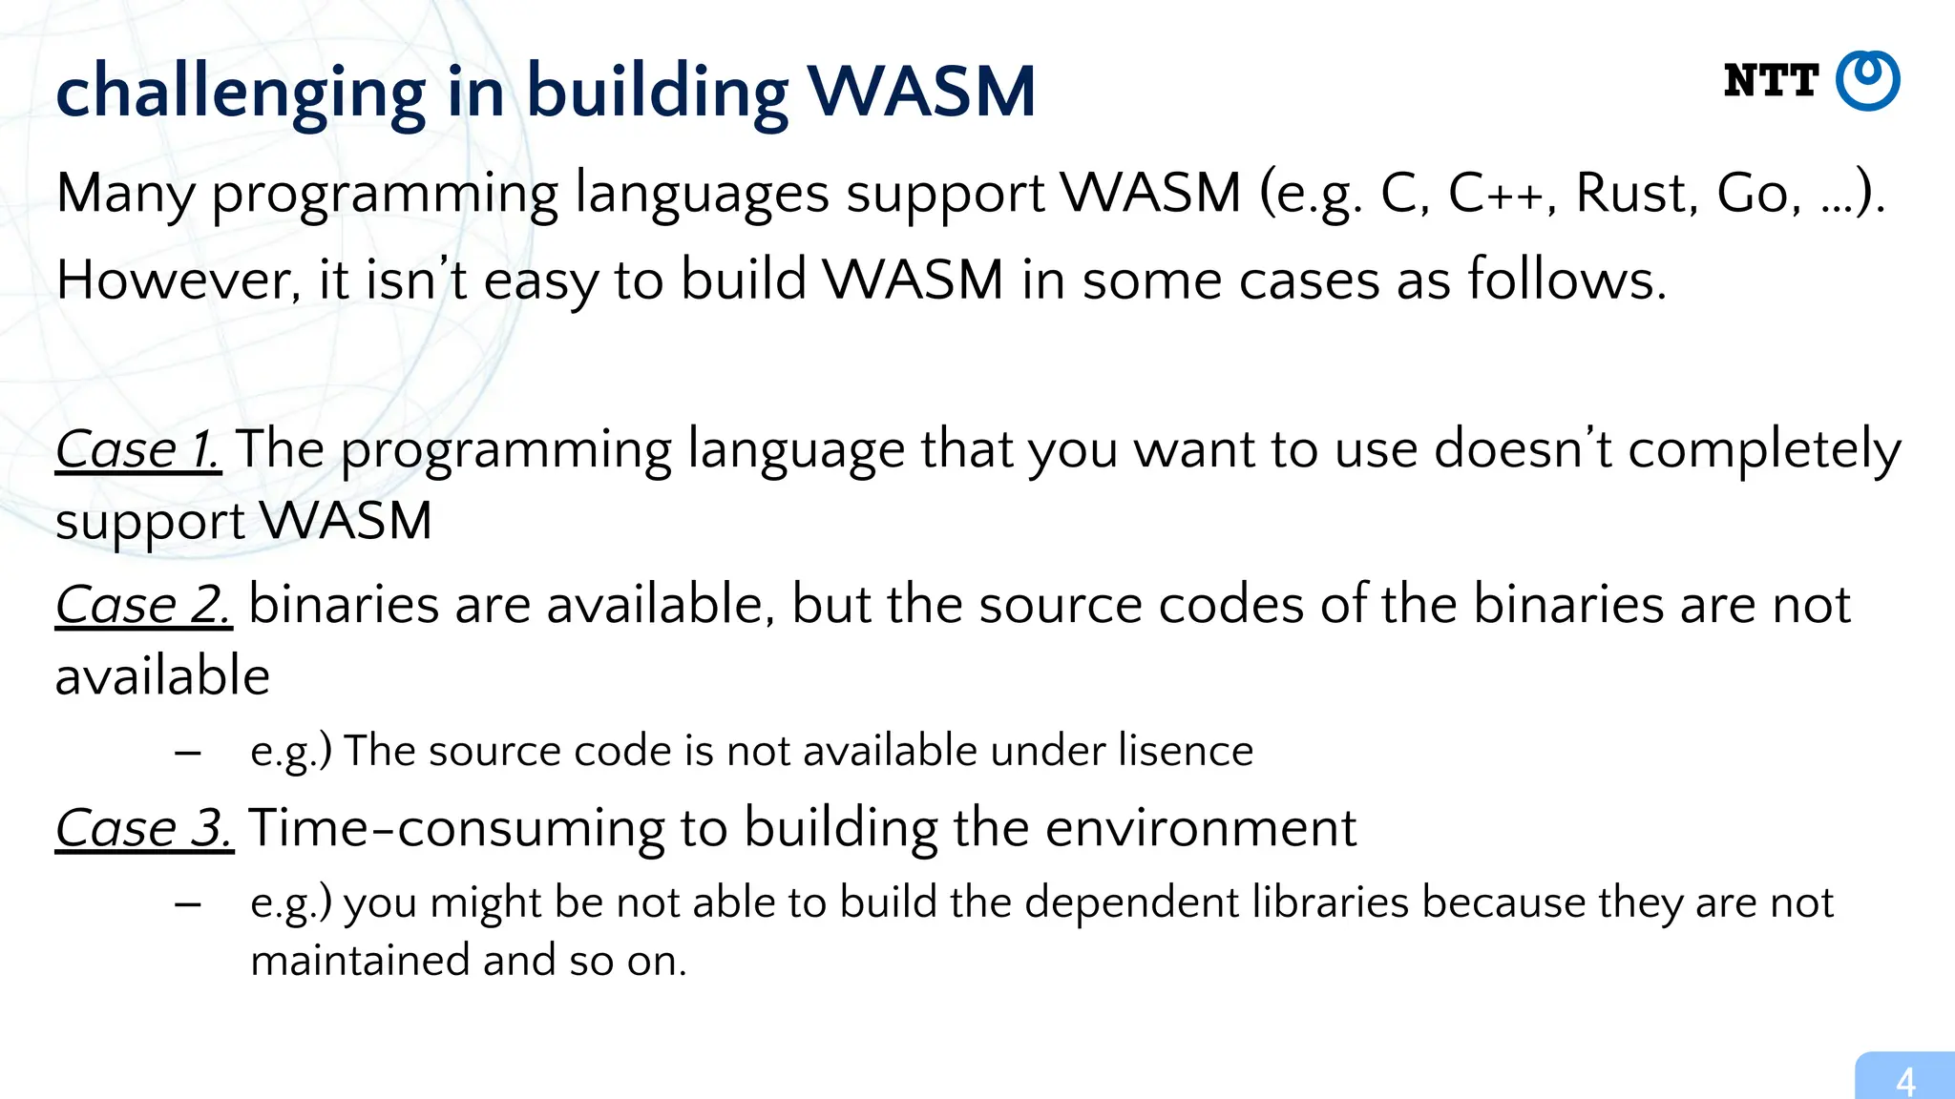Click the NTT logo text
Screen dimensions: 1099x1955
pos(1771,81)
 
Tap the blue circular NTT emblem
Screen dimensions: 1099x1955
pos(1868,80)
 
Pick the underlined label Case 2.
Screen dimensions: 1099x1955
pos(143,605)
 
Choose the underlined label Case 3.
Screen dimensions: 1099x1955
pos(144,827)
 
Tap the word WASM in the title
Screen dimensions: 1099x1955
pos(921,93)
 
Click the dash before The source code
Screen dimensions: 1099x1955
pos(188,752)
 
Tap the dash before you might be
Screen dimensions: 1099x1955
pos(188,903)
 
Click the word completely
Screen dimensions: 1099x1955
pos(1764,450)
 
